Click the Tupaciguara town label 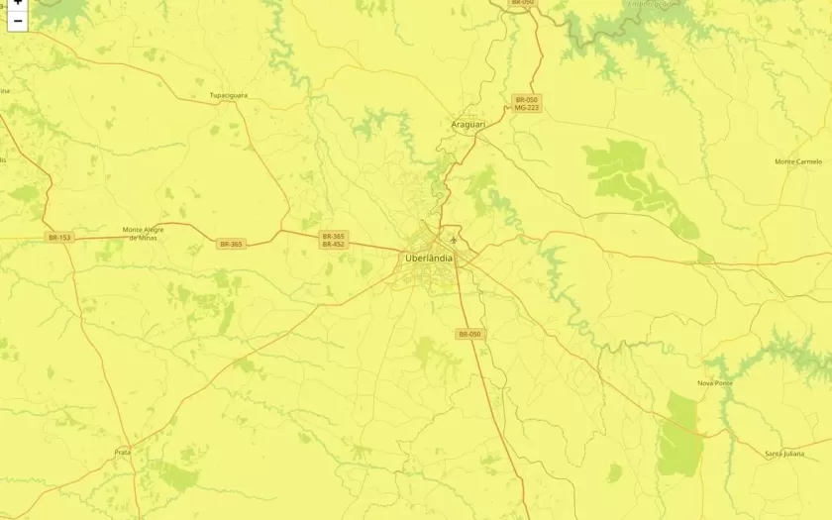point(228,95)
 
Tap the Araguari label point(468,125)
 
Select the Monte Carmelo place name point(797,160)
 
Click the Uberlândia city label point(429,259)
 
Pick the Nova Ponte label point(714,382)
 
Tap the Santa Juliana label point(785,453)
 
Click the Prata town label point(123,452)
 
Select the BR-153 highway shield point(59,238)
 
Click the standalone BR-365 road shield point(231,244)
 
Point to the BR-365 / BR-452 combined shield point(333,240)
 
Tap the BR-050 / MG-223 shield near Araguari point(526,103)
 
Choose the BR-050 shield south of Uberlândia point(469,335)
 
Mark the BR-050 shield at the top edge point(522,3)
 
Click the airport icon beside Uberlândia point(454,239)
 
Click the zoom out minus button point(17,21)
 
